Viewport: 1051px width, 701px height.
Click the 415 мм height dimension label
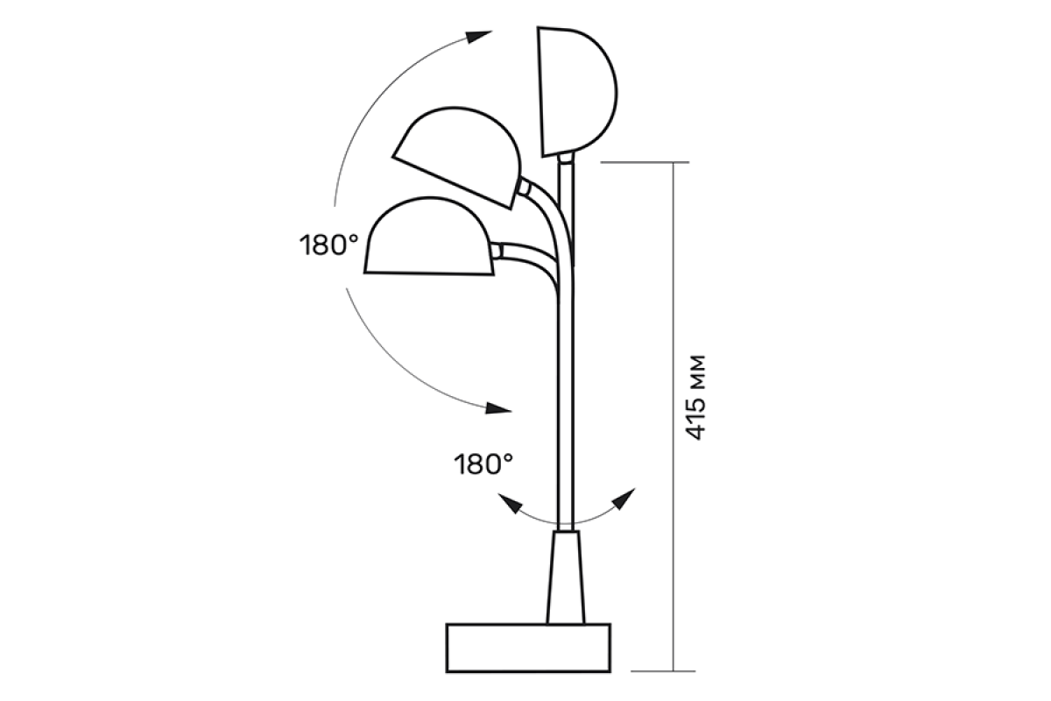point(695,398)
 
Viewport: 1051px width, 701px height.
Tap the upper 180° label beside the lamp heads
point(329,245)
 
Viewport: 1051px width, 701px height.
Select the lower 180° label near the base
point(483,464)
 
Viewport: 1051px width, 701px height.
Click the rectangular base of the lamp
point(528,648)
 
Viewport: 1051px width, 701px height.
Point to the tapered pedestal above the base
point(566,577)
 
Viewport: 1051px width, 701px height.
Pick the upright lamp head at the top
point(577,91)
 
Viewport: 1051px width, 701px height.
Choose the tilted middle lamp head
point(457,158)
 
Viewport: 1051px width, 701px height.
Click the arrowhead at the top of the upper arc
point(478,37)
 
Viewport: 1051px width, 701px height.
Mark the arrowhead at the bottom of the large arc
point(498,408)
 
